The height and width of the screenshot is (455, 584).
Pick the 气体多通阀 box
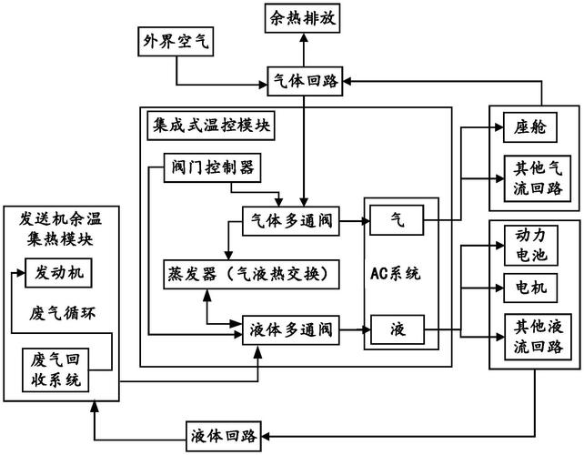[289, 221]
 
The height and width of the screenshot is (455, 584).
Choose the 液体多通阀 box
[289, 329]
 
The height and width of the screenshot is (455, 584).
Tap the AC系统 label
[401, 273]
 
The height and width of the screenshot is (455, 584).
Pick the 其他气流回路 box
[530, 179]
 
